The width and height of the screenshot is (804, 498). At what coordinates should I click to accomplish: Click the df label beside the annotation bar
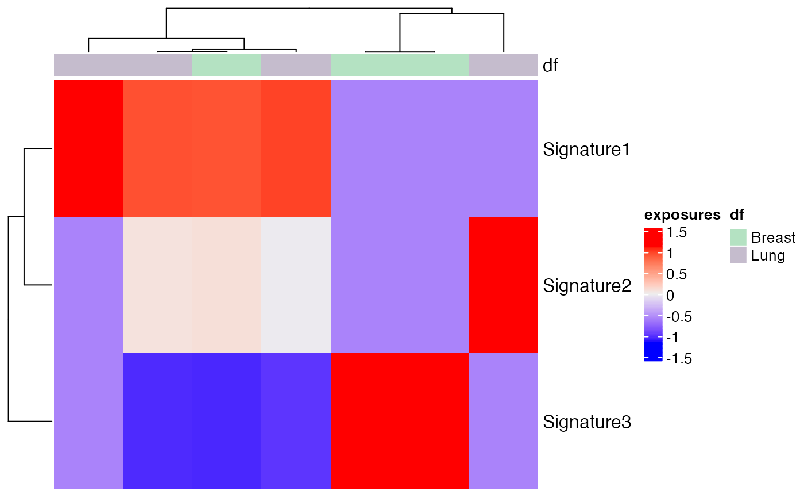pos(551,66)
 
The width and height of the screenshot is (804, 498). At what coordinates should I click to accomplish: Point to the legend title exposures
pos(682,216)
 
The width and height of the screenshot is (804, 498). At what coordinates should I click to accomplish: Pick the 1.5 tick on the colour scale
pos(676,232)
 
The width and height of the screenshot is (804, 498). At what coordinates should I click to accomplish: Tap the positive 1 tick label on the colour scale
pos(670,253)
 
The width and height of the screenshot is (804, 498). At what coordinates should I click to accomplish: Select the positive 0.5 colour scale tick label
pos(676,274)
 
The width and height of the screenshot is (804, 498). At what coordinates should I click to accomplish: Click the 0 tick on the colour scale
pos(670,296)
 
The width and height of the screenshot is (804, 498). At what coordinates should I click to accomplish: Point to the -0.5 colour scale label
pos(678,317)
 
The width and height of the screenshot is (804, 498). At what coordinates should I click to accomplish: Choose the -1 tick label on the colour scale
pos(672,338)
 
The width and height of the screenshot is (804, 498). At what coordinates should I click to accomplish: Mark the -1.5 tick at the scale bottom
pos(678,359)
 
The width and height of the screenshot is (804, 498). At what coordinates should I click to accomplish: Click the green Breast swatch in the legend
pos(738,237)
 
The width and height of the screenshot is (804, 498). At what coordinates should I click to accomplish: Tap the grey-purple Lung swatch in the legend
pos(738,255)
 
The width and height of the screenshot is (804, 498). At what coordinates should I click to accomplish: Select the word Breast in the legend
pos(773,237)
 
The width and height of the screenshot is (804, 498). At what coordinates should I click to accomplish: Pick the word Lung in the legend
pos(768,255)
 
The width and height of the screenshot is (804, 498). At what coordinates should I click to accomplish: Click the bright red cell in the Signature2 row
pos(504,285)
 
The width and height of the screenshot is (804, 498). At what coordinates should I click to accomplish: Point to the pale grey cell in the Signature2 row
pos(296,285)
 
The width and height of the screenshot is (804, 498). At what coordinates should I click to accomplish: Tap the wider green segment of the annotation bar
pos(400,65)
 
